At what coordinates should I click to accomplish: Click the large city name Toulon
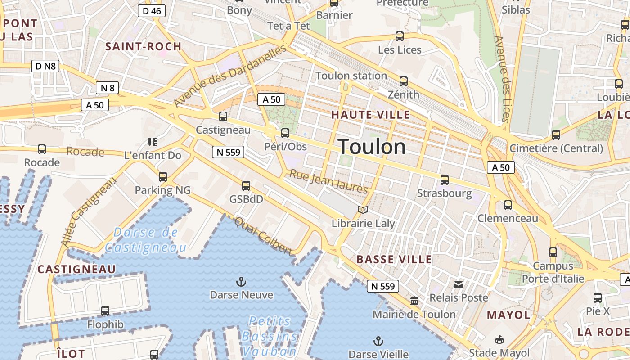[372, 147]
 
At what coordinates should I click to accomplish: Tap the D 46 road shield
[152, 11]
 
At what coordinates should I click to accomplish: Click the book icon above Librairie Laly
[363, 210]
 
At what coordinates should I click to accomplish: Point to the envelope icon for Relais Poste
[459, 284]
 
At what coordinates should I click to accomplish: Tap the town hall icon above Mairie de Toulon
[414, 301]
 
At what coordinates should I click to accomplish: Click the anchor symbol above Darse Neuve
[242, 282]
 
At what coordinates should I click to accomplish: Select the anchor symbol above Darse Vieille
[378, 341]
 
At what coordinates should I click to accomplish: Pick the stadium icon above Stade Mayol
[499, 339]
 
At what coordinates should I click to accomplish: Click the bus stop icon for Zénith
[404, 81]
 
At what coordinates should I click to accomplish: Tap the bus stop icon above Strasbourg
[445, 180]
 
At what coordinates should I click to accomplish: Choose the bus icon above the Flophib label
[105, 310]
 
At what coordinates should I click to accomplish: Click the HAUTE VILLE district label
[371, 115]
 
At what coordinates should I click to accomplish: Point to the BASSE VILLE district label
[394, 260]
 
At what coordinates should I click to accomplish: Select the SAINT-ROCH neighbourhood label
[144, 46]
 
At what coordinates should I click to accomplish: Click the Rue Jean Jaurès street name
[328, 181]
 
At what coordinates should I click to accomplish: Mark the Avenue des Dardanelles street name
[229, 76]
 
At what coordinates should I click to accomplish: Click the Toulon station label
[351, 76]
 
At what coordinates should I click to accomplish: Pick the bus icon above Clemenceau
[508, 205]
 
